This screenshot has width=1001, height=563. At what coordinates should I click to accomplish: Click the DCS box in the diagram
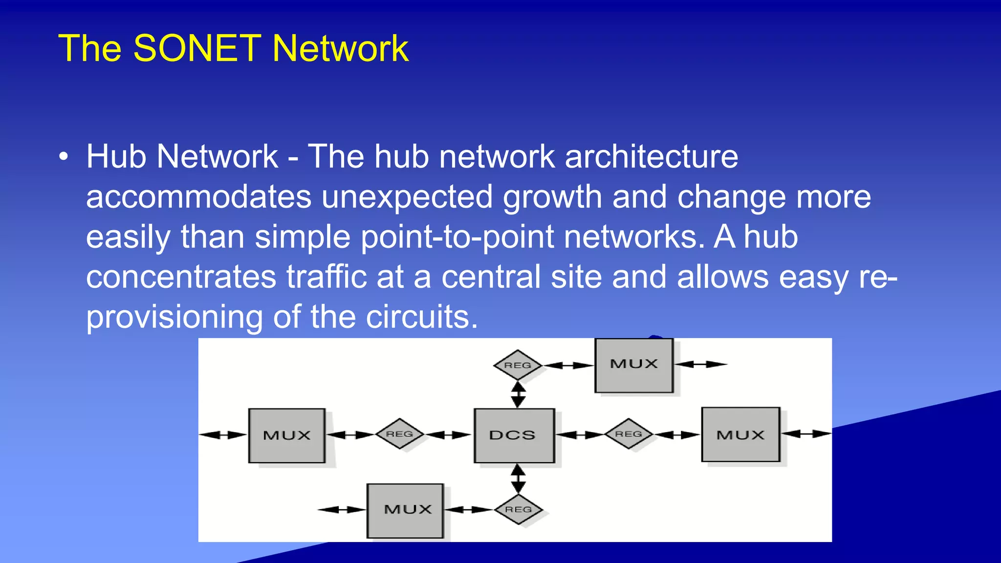[514, 435]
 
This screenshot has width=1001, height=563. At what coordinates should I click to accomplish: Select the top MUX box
[634, 365]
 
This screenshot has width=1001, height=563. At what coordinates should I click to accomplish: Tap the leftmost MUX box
[287, 435]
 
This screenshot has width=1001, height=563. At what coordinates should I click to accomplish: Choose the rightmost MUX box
[740, 434]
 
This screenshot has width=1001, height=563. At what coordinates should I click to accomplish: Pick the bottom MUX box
[405, 510]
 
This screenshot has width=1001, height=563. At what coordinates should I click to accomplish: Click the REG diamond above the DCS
[518, 365]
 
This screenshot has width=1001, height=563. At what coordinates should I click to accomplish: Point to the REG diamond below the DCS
[518, 510]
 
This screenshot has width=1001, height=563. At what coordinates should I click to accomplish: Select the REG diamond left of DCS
[399, 434]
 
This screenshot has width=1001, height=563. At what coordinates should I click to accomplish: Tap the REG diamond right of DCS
[629, 434]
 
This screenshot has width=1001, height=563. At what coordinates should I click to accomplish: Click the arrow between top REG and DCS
[518, 395]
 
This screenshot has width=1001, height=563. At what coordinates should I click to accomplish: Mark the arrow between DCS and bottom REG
[518, 478]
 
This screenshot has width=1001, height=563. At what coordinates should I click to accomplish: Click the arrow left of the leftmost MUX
[223, 435]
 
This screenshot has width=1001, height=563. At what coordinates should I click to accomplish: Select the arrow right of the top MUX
[701, 364]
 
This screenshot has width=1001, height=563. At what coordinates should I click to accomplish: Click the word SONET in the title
[197, 48]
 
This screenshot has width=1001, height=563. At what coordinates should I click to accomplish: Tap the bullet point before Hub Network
[63, 157]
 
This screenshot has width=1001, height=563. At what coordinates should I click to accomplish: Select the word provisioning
[174, 317]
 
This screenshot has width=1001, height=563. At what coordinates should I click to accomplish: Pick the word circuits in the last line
[421, 317]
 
